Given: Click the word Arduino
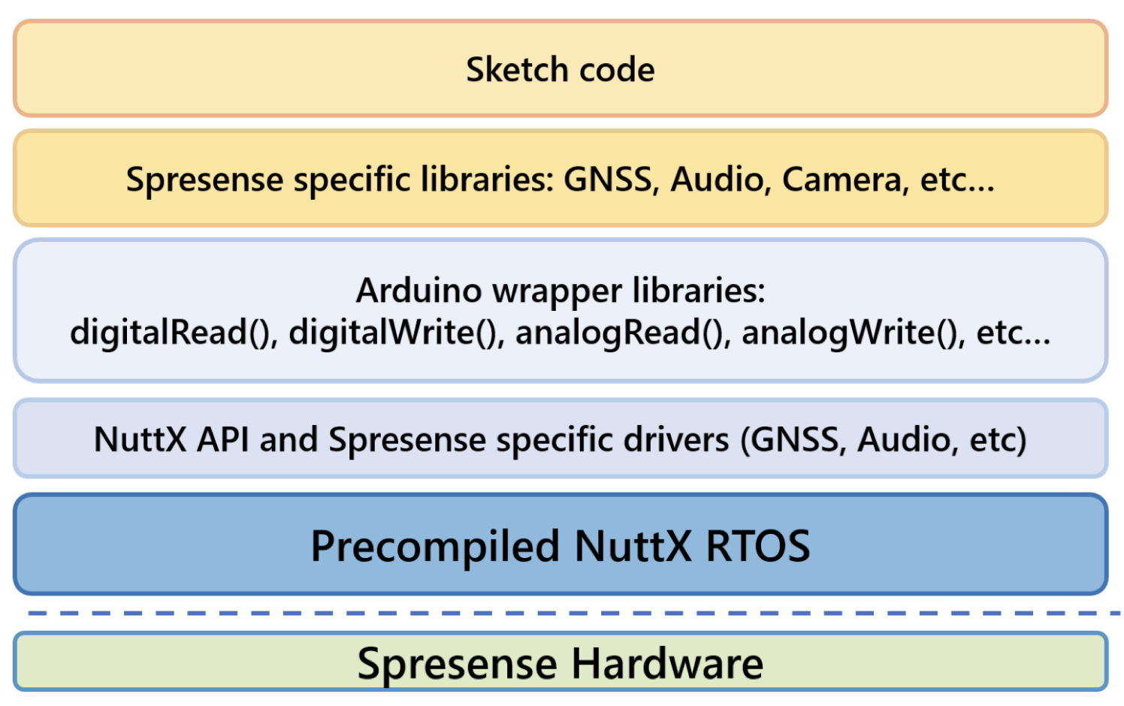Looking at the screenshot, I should [x=417, y=291].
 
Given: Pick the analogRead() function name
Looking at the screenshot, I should [x=622, y=332].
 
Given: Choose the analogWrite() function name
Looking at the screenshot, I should [x=852, y=332].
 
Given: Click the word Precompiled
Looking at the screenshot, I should [x=435, y=546].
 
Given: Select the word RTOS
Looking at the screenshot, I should [x=758, y=546].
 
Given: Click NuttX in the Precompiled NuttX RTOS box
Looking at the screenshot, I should [x=633, y=546].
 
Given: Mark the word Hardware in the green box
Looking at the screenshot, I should [x=667, y=664].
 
